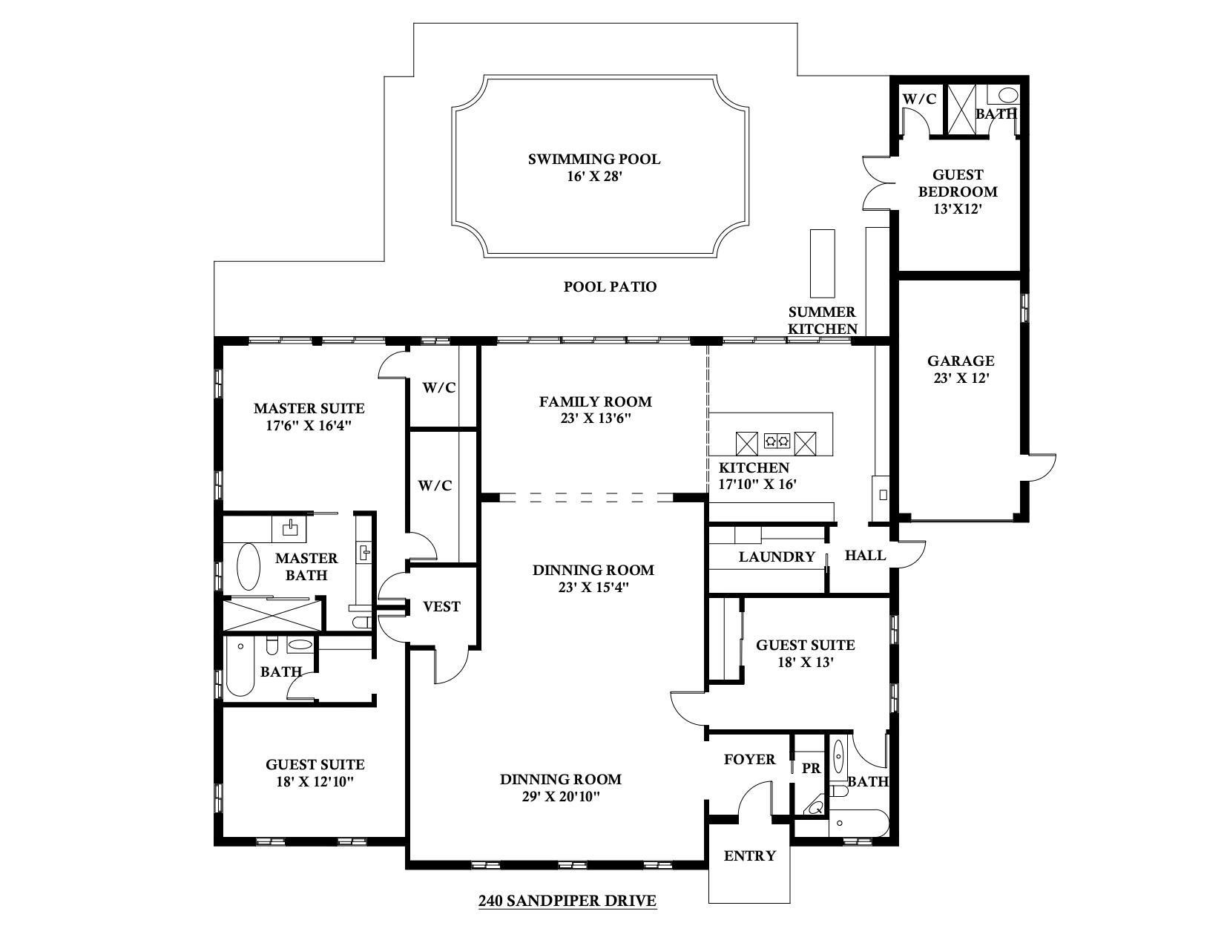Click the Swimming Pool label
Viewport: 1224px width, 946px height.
click(593, 159)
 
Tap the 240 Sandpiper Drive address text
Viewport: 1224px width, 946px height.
click(567, 901)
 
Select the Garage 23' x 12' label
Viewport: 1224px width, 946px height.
click(961, 369)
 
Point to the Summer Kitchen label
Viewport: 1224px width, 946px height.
click(822, 321)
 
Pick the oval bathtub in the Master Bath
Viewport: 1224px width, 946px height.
click(248, 567)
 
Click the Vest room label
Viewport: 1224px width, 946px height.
click(441, 606)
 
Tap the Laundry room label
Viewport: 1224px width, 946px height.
click(777, 557)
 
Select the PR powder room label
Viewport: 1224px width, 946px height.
click(812, 769)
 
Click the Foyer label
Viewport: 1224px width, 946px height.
click(749, 759)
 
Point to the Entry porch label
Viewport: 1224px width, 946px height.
click(749, 855)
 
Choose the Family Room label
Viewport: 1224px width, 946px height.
click(595, 401)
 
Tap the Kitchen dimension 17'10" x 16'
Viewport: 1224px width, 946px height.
click(757, 484)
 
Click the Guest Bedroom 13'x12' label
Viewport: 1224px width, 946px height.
click(957, 191)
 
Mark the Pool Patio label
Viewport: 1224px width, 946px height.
click(610, 286)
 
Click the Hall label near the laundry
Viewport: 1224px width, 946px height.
click(865, 555)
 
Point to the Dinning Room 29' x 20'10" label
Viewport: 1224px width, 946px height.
click(560, 788)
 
